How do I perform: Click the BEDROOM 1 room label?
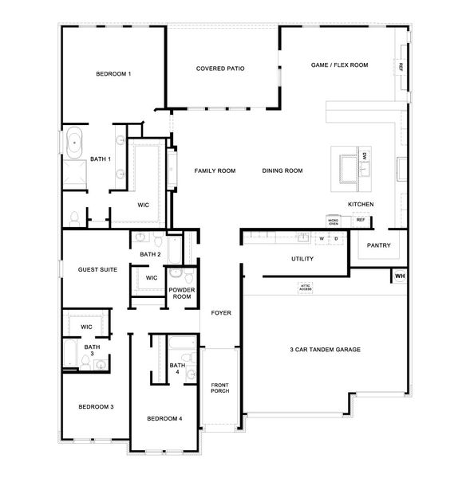pyautogui.click(x=113, y=74)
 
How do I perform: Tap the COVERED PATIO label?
pyautogui.click(x=219, y=69)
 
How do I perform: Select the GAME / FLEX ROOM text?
pyautogui.click(x=339, y=65)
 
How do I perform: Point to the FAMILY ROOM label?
pyautogui.click(x=215, y=170)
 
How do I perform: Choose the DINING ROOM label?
pyautogui.click(x=282, y=170)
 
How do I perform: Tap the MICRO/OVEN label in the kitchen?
pyautogui.click(x=334, y=221)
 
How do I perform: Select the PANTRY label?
pyautogui.click(x=378, y=245)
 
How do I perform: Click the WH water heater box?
pyautogui.click(x=399, y=276)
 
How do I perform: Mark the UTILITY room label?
pyautogui.click(x=302, y=259)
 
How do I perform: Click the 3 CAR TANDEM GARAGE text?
pyautogui.click(x=326, y=350)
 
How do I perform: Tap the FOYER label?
pyautogui.click(x=221, y=313)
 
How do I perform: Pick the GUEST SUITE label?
pyautogui.click(x=97, y=269)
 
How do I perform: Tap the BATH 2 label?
pyautogui.click(x=150, y=254)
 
